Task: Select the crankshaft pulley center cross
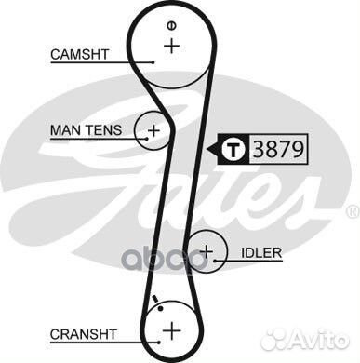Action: pos(171,330)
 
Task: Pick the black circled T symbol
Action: pos(233,148)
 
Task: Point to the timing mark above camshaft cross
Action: pos(170,23)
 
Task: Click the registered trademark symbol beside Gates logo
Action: pos(351,213)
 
